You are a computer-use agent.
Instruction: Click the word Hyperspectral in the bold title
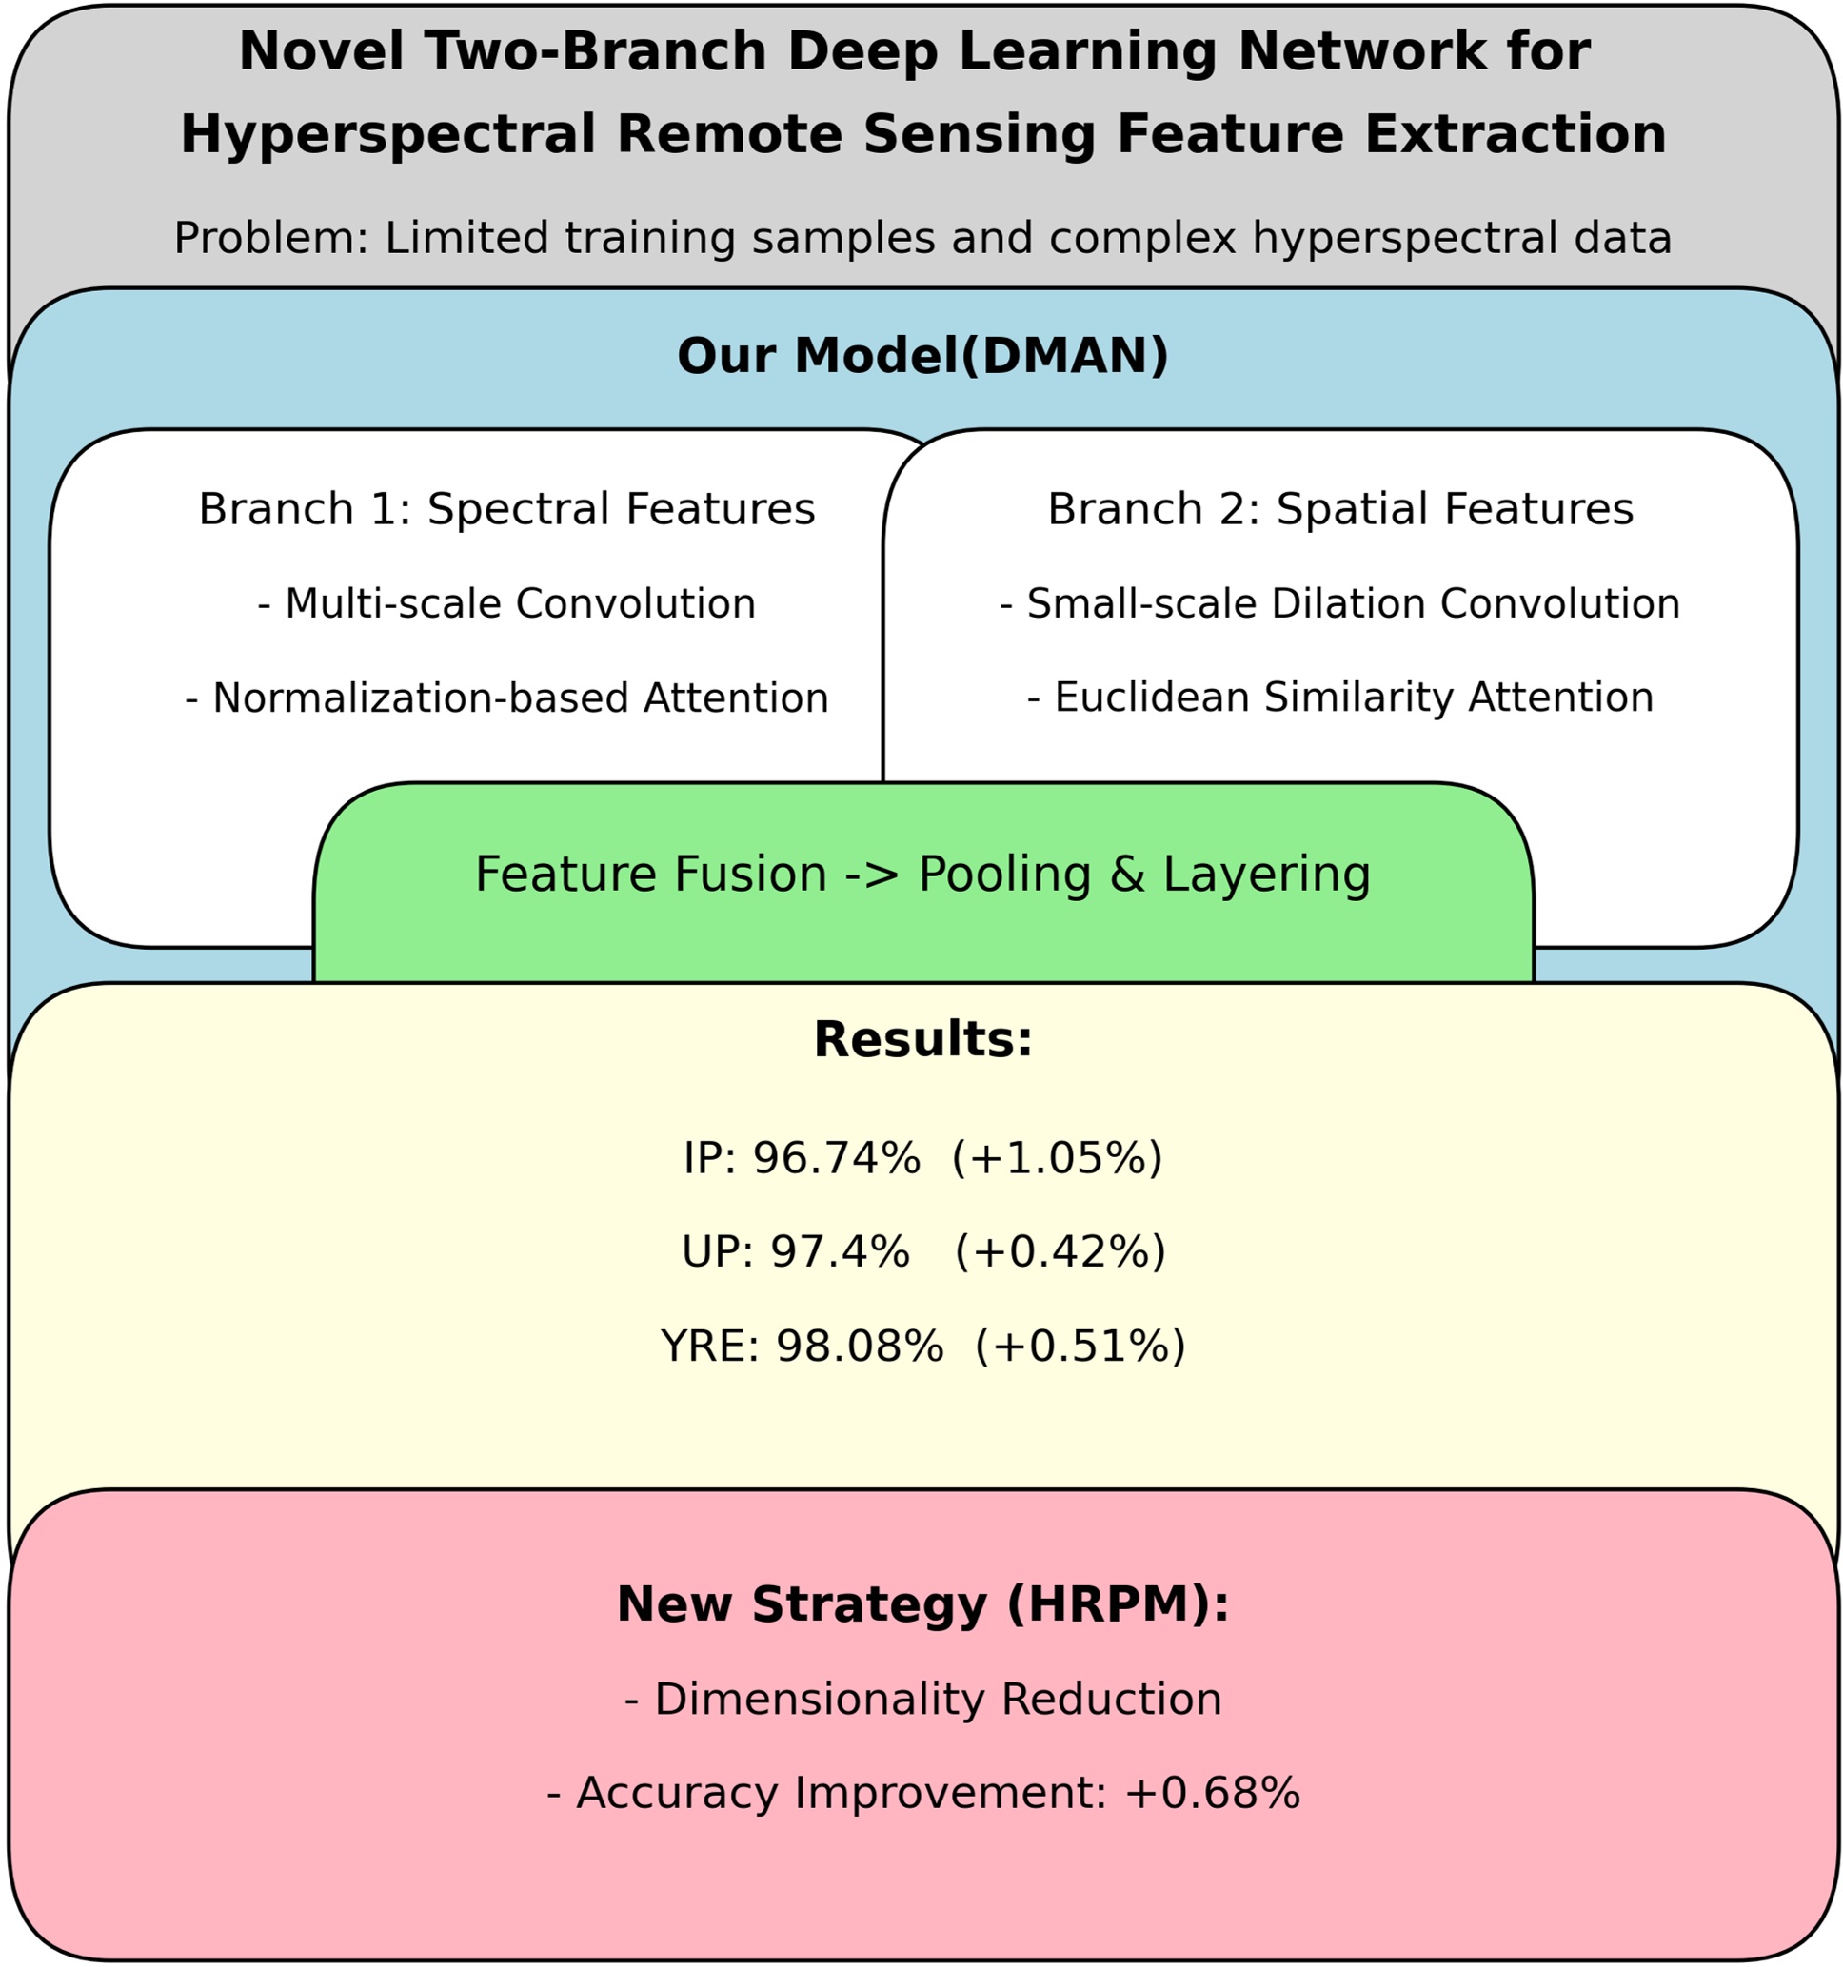tap(388, 134)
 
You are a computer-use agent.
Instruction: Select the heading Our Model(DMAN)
tap(922, 355)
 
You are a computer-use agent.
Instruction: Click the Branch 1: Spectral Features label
tap(506, 509)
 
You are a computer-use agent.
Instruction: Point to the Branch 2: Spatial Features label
tap(1340, 509)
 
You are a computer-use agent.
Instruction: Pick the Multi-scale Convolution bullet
tap(506, 603)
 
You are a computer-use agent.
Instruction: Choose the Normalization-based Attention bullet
tap(506, 698)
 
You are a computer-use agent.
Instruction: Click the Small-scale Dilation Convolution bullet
tap(1340, 603)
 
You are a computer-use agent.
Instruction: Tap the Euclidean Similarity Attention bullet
tap(1340, 698)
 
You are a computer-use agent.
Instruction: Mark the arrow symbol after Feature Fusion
tap(872, 875)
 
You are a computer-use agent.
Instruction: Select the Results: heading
tap(922, 1040)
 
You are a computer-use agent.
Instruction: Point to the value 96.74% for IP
tap(837, 1157)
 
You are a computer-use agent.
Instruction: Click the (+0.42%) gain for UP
tap(1060, 1251)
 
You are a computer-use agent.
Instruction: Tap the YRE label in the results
tap(708, 1347)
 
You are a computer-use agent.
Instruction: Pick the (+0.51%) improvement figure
tap(1080, 1347)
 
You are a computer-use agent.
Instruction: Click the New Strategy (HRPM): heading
tap(922, 1603)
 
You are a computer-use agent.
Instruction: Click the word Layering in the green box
tap(1266, 875)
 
